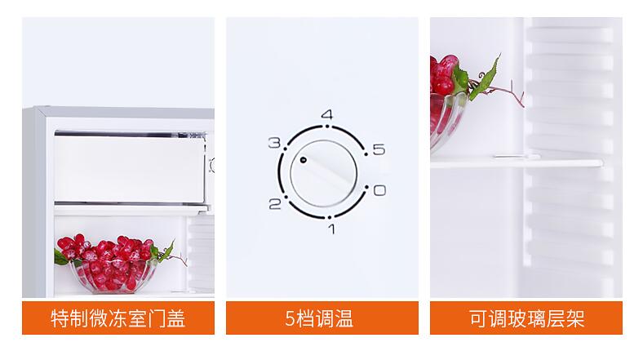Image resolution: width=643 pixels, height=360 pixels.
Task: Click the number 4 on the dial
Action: point(327,114)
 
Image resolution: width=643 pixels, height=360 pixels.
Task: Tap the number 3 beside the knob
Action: point(274,143)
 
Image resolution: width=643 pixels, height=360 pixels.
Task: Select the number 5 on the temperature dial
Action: point(379,149)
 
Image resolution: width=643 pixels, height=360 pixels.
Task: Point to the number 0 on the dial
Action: point(379,190)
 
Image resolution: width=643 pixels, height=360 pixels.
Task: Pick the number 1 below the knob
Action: point(332,229)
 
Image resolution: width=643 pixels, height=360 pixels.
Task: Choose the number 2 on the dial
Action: point(275,204)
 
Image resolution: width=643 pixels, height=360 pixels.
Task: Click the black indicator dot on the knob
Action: point(303,159)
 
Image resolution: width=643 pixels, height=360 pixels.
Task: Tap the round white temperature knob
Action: point(324,173)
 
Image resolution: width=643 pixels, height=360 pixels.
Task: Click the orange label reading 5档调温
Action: point(322,318)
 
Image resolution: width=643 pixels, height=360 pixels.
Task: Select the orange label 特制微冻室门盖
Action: point(118,318)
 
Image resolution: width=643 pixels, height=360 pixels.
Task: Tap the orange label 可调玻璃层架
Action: point(526,318)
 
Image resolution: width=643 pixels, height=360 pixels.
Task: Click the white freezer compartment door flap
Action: point(130,169)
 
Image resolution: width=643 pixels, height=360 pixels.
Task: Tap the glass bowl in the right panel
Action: point(447,120)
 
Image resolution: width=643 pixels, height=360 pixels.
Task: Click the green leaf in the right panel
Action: point(486,78)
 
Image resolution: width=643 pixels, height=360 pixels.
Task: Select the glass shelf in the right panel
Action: point(517,162)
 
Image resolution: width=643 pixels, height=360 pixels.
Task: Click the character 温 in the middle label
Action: point(344,318)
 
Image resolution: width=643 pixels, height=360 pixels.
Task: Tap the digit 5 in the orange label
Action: point(290,318)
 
